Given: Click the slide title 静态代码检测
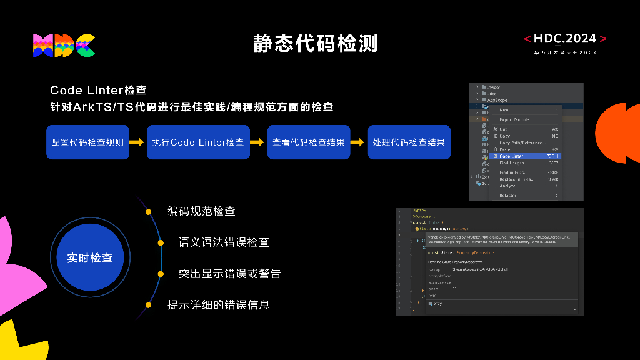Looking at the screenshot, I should pyautogui.click(x=316, y=43).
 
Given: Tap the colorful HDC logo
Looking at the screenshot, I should pyautogui.click(x=64, y=46).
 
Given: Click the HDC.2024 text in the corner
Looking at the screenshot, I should pyautogui.click(x=565, y=39).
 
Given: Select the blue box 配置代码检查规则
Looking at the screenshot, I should pyautogui.click(x=87, y=142).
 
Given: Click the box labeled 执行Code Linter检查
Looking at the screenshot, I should pyautogui.click(x=198, y=142).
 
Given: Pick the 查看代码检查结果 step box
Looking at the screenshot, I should pyautogui.click(x=309, y=142).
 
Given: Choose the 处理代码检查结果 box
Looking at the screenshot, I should pyautogui.click(x=409, y=142).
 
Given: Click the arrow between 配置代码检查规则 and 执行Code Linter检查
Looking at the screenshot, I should pyautogui.click(x=137, y=142).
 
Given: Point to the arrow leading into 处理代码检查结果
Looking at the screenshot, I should pyautogui.click(x=357, y=142).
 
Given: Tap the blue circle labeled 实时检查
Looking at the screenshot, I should pyautogui.click(x=89, y=257).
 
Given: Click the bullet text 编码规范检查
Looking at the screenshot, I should pyautogui.click(x=201, y=211).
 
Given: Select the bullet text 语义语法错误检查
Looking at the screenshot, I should pyautogui.click(x=224, y=242).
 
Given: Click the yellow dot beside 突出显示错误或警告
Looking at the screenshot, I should pyautogui.click(x=166, y=274).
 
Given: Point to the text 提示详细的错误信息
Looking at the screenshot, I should pyautogui.click(x=218, y=305).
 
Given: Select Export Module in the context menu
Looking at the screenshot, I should pyautogui.click(x=514, y=119).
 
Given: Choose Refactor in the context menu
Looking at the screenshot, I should pyautogui.click(x=507, y=196).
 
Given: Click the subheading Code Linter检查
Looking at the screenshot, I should pyautogui.click(x=98, y=91).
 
